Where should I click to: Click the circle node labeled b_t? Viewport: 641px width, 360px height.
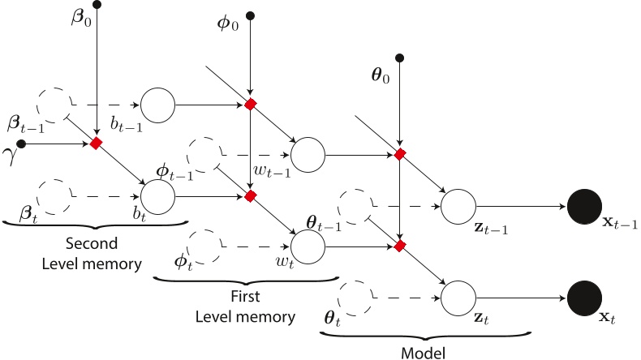pos(158,195)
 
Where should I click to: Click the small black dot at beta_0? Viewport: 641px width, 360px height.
pos(97,5)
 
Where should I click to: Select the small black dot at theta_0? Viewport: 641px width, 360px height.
pos(399,57)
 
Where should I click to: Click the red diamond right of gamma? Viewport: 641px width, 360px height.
pos(97,144)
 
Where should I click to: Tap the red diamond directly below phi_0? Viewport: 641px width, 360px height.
pos(251,105)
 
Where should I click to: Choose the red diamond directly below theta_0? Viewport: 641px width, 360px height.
pos(399,154)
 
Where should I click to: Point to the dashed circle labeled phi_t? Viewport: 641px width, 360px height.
pos(203,246)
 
